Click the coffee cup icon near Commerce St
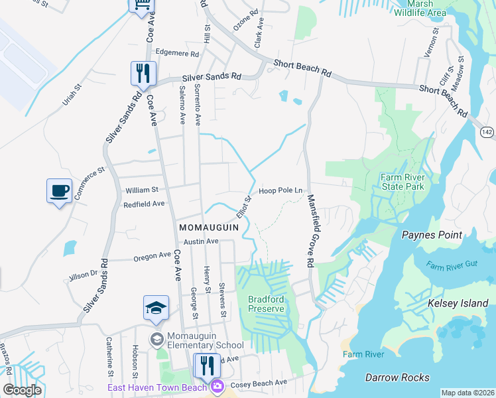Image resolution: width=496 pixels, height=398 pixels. [59, 191]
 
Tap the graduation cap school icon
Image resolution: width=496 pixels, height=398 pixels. [156, 308]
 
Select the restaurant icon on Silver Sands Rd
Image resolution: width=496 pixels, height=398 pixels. [143, 74]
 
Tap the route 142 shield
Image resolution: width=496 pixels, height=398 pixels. [487, 132]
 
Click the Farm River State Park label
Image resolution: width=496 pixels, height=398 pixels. [401, 182]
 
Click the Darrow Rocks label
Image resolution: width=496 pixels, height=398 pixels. [397, 377]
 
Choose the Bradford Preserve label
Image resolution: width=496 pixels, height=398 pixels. [266, 304]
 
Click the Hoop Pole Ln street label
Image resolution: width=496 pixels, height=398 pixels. [280, 191]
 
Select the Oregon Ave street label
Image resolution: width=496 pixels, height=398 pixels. [152, 256]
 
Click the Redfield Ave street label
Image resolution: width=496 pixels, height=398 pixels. [144, 205]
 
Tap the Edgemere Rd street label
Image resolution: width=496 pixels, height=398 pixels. [177, 52]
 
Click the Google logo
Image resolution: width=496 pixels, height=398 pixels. [22, 390]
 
